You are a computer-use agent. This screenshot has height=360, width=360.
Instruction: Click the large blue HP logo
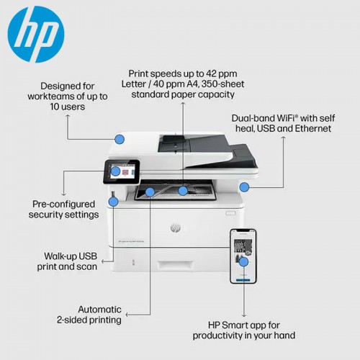[x=36, y=35]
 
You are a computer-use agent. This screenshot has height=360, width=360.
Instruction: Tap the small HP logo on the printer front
[x=176, y=228]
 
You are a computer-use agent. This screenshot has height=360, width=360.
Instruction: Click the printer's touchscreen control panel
[x=122, y=171]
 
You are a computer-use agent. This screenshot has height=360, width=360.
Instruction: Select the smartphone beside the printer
[x=243, y=256]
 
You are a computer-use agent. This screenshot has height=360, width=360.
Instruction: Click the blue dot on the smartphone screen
[x=244, y=262]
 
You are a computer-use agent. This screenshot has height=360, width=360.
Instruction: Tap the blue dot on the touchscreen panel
[x=115, y=171]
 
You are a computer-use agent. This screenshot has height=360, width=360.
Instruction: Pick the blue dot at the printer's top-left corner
[x=120, y=139]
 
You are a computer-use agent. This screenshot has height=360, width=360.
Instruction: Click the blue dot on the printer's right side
[x=244, y=187]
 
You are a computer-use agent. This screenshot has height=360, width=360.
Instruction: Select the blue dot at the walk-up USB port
[x=113, y=202]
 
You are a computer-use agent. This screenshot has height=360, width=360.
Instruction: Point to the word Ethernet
[x=313, y=128]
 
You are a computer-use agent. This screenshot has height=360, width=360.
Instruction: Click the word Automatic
[x=99, y=310]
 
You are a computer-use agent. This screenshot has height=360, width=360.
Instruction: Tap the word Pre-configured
[x=63, y=204]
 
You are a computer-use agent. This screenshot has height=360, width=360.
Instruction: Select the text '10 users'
[x=68, y=107]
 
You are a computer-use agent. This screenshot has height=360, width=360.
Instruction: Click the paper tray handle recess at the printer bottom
[x=175, y=264]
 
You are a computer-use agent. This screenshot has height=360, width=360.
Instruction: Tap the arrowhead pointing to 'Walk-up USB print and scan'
[x=103, y=261]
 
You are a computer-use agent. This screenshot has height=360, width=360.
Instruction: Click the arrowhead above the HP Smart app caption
[x=244, y=315]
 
